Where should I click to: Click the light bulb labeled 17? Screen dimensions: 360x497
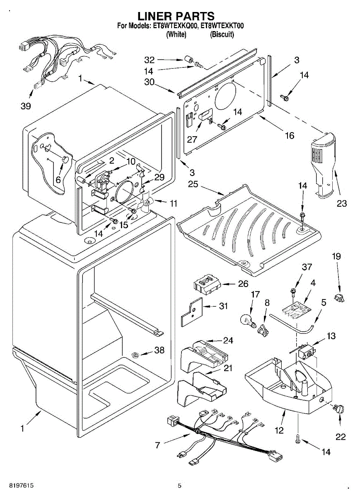coord(247,321)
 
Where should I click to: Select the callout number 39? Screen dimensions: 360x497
coord(26,106)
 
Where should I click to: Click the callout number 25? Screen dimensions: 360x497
coord(193,184)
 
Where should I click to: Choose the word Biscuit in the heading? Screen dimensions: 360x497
coord(222,34)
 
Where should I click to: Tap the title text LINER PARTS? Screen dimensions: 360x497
coord(176,16)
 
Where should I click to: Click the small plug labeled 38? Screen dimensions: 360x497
coord(135,355)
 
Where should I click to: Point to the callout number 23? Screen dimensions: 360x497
coord(342,203)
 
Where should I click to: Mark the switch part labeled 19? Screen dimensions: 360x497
coord(339,297)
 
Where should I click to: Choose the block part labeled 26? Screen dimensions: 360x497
coord(206,285)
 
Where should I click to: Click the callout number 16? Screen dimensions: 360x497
coord(289,135)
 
